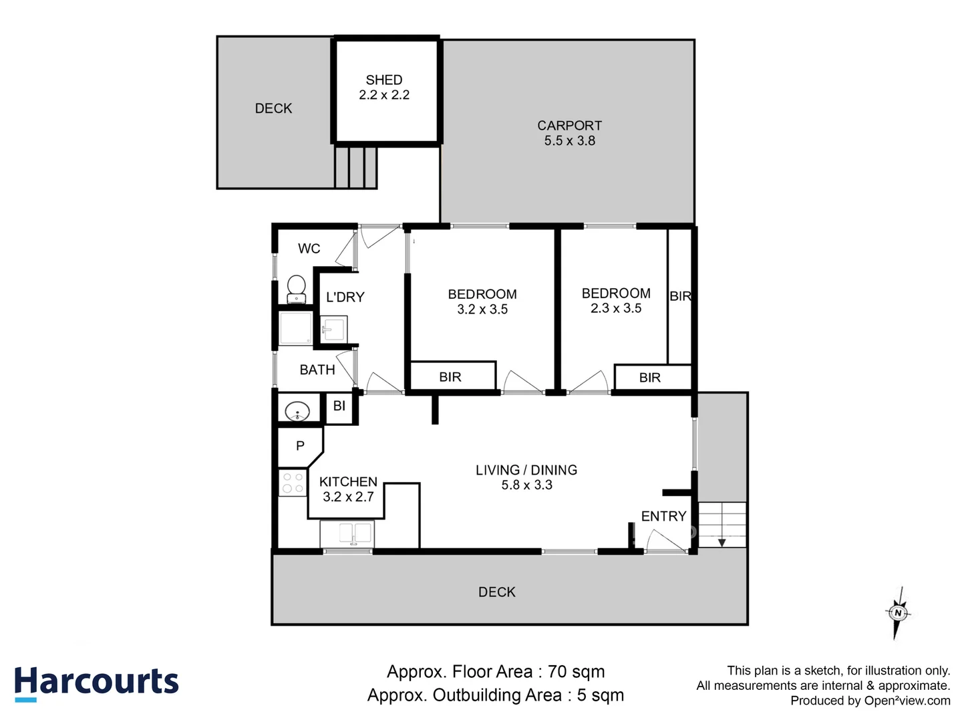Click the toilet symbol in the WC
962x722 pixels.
(x=296, y=289)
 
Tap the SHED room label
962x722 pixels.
(x=384, y=80)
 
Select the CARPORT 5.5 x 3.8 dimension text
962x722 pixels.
(x=569, y=141)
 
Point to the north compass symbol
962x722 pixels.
(x=898, y=612)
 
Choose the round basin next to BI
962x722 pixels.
(x=297, y=410)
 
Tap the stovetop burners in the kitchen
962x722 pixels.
(x=292, y=483)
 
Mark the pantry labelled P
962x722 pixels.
(x=300, y=446)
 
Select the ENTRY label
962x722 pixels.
(x=663, y=516)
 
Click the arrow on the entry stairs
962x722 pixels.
(x=721, y=541)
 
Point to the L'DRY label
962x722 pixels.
(x=345, y=297)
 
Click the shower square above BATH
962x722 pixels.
(x=295, y=328)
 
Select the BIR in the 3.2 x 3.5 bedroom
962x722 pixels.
(x=451, y=377)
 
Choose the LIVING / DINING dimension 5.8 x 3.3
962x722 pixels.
(x=526, y=485)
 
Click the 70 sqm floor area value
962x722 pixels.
(x=576, y=672)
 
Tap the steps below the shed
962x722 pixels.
(x=355, y=167)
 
